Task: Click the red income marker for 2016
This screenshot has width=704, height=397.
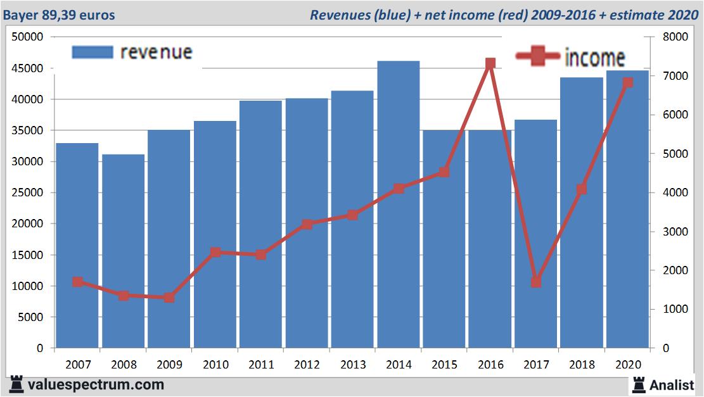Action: [x=490, y=63]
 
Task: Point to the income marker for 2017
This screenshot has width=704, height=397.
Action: [x=536, y=282]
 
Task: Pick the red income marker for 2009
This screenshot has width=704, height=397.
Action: [x=169, y=298]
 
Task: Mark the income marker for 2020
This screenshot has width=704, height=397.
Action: [x=627, y=82]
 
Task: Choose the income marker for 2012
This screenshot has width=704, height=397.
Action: [x=307, y=224]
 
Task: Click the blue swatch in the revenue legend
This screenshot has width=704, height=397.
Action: [x=92, y=52]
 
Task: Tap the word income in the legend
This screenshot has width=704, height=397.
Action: [x=594, y=58]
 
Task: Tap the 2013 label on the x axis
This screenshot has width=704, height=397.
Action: [x=352, y=365]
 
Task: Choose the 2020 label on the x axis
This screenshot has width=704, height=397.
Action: [x=627, y=365]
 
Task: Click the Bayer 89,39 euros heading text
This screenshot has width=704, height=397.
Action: [x=59, y=15]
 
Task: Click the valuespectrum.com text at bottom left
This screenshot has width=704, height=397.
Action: [x=96, y=384]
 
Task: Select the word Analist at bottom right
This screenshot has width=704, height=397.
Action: [x=672, y=384]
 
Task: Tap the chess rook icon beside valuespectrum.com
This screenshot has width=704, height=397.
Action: [x=16, y=384]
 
